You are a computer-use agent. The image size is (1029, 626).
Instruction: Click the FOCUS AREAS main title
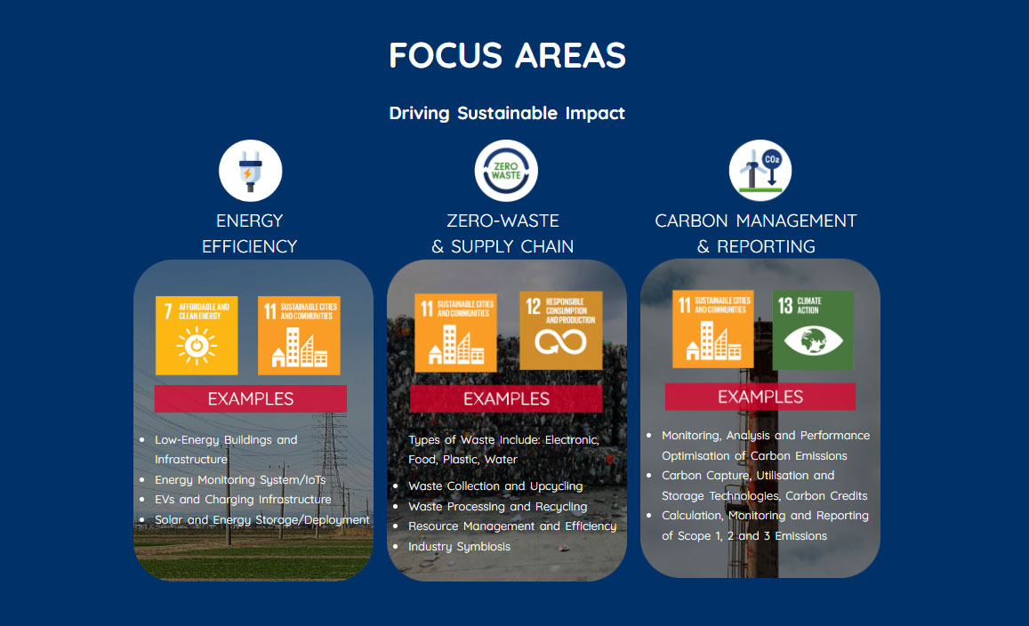[507, 55]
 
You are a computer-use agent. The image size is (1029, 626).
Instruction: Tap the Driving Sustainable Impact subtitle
[507, 113]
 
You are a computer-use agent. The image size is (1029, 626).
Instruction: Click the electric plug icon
[250, 171]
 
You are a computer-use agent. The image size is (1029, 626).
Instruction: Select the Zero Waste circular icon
[506, 171]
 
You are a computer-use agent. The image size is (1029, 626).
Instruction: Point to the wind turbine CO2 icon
[760, 171]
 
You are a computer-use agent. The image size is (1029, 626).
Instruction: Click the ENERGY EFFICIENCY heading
[249, 234]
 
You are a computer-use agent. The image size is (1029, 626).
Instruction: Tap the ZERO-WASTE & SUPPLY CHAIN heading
[502, 234]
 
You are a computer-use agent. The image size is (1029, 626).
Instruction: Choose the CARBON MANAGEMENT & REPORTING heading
[756, 234]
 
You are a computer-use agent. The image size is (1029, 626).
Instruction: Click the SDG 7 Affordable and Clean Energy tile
[197, 335]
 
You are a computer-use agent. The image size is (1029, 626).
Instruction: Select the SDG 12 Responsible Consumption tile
[561, 331]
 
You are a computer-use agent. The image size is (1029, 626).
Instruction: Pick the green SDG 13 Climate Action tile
[813, 330]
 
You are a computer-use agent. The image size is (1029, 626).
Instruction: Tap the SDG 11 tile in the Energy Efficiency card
[299, 335]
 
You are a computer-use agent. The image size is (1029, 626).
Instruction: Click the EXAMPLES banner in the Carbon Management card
[760, 397]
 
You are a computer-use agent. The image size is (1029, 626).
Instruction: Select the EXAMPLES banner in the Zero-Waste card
[506, 398]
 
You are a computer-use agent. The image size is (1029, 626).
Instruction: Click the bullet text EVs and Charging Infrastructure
[243, 500]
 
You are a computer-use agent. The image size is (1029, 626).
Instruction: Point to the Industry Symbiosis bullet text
[460, 547]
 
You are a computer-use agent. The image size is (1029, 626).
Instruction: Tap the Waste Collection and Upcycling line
[495, 486]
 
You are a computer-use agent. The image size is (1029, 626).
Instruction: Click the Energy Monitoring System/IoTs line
[240, 479]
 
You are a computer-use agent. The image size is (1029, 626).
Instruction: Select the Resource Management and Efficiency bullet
[512, 526]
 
